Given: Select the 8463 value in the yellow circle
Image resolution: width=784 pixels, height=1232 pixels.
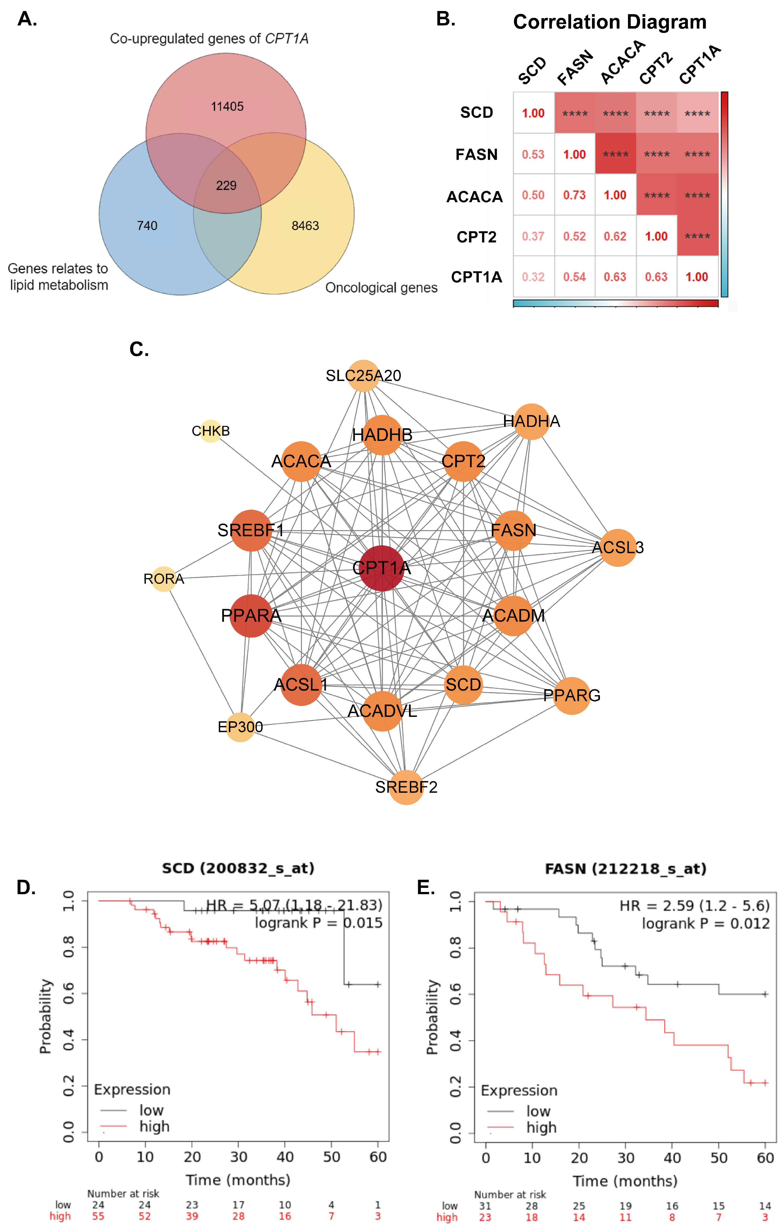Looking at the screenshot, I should pos(305,226).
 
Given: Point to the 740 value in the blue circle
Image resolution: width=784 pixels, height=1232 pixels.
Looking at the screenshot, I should pos(147,226).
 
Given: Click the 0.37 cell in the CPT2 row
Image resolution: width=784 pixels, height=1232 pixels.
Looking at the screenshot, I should pos(533,236).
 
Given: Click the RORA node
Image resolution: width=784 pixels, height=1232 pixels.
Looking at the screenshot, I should pos(164,579).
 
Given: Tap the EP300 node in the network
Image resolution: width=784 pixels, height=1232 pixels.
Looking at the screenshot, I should pos(240,727).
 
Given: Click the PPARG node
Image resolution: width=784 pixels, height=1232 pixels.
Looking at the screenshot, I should pos(572,695).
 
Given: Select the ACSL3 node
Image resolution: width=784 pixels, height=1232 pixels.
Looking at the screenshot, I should pos(618,548).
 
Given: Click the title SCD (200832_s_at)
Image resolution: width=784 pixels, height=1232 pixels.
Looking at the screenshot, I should pos(238,868).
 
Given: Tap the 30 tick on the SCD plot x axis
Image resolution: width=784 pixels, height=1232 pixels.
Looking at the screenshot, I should pos(238,1157).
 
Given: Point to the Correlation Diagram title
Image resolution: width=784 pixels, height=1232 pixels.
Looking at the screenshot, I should pos(610,22).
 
